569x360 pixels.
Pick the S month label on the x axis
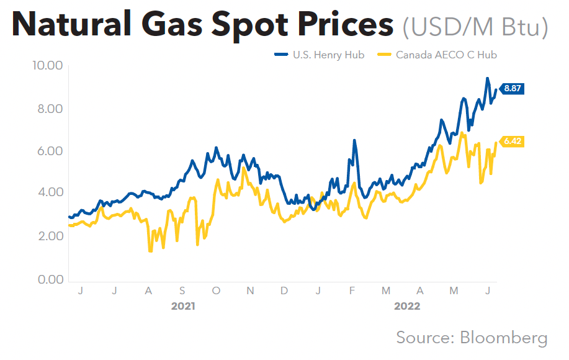[x=182, y=290]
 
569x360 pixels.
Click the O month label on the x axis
[x=216, y=290]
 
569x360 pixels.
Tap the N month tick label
[x=250, y=290]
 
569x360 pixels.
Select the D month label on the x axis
[x=284, y=290]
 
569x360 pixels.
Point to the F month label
[x=352, y=290]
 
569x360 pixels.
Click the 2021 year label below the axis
[x=183, y=306]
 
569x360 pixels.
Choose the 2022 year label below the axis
[x=407, y=306]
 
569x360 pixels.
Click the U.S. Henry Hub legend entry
[x=321, y=55]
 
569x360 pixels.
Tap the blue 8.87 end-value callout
[x=512, y=89]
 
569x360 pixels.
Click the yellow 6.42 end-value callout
[x=512, y=142]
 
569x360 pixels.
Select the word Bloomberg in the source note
[x=504, y=338]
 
